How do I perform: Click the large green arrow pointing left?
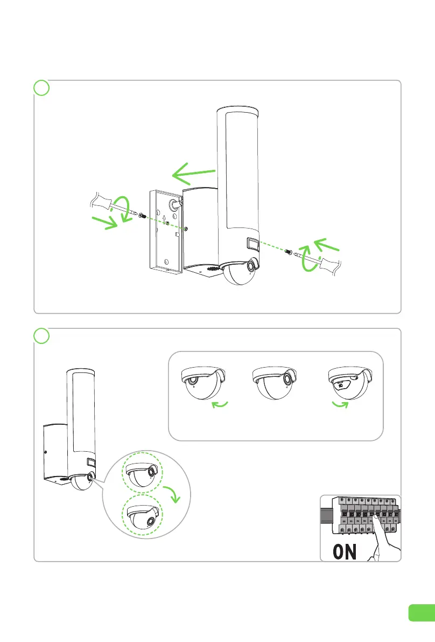point(193,174)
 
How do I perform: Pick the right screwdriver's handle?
point(333,266)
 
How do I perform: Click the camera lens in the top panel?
point(251,267)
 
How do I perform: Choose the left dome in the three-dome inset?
point(204,383)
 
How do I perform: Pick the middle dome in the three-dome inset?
point(276,383)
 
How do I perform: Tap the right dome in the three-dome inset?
point(350,383)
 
